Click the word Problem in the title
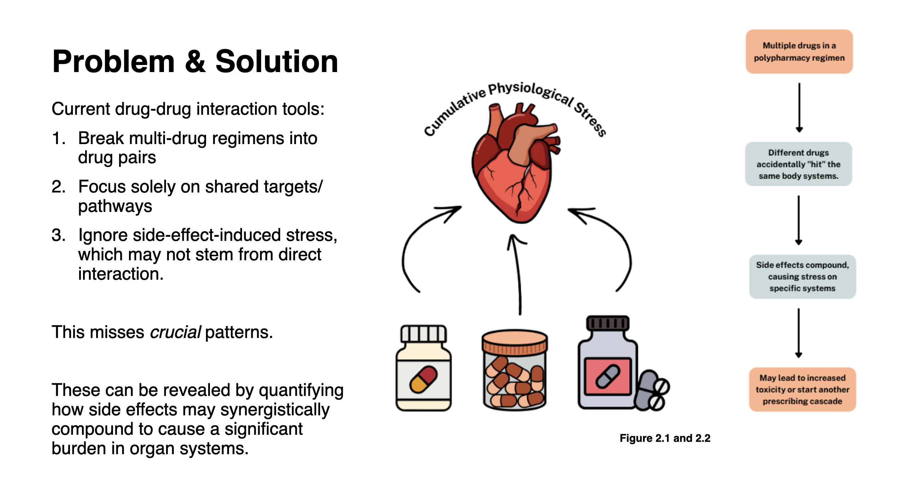click(113, 61)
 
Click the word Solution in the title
click(277, 61)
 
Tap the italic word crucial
click(176, 332)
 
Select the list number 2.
click(58, 187)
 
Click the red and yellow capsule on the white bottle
click(424, 379)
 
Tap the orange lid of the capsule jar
click(515, 342)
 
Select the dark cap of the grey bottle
click(608, 324)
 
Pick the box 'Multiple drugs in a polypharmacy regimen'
click(799, 52)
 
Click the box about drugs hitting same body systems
click(798, 164)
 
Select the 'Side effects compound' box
click(802, 277)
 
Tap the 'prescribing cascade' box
click(802, 390)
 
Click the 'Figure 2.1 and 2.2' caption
click(665, 438)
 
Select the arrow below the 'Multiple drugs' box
click(799, 108)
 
